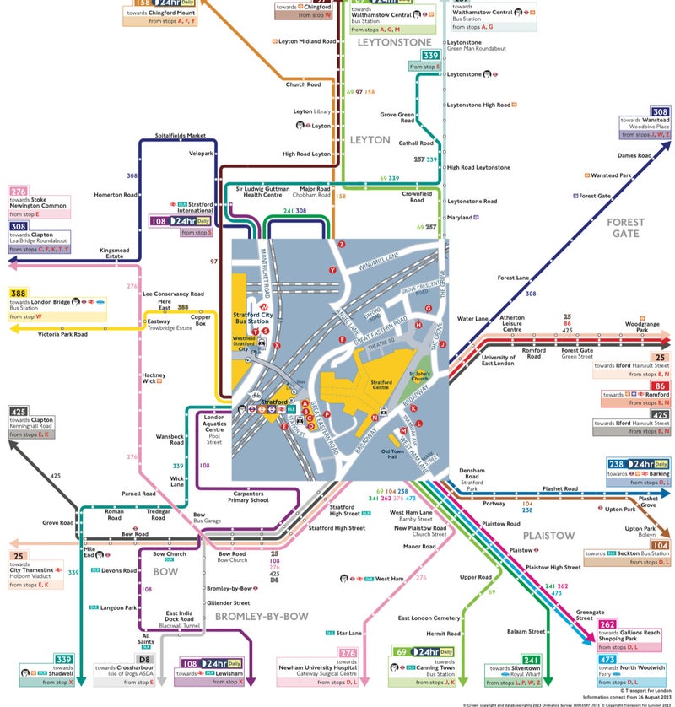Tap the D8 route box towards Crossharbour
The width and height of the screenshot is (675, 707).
[145, 659]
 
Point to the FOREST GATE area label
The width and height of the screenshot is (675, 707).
[625, 227]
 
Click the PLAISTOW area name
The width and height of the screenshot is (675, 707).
[548, 536]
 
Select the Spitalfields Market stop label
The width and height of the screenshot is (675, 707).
[181, 135]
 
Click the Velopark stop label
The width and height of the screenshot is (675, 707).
[201, 154]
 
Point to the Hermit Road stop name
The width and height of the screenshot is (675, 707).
[443, 634]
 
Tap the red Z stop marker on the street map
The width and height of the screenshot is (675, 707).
[342, 244]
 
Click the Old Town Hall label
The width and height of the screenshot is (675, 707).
[394, 454]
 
